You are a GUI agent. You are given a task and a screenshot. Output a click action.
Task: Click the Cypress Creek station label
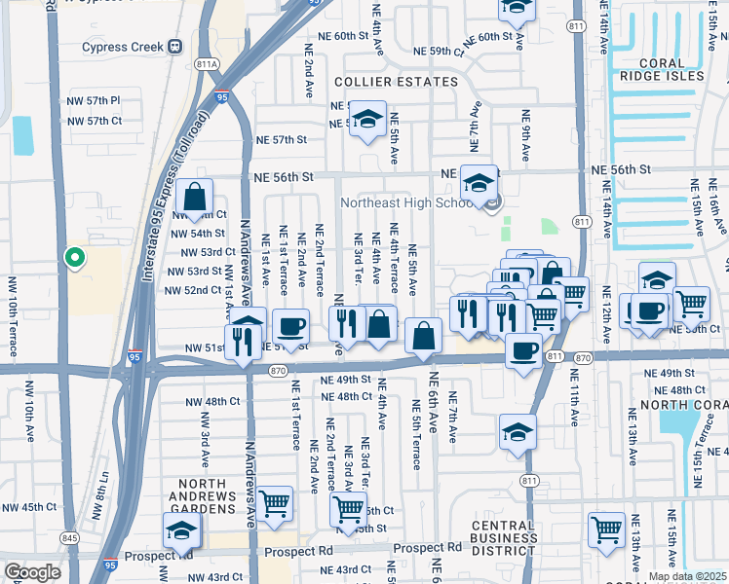click(x=125, y=46)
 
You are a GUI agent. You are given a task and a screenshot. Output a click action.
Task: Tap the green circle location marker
click(x=73, y=258)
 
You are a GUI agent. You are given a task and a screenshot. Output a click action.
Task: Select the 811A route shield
click(x=207, y=64)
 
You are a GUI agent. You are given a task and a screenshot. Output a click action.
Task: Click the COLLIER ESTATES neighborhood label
click(x=395, y=82)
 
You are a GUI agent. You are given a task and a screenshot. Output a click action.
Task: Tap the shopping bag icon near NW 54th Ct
click(x=195, y=197)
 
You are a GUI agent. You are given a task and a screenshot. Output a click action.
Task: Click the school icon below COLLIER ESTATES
click(x=367, y=120)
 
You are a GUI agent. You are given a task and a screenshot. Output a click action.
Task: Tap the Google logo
click(x=31, y=571)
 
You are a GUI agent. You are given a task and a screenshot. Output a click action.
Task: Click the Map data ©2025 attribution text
click(x=687, y=576)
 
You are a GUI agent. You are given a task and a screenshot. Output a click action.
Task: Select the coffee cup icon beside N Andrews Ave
click(x=290, y=326)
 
